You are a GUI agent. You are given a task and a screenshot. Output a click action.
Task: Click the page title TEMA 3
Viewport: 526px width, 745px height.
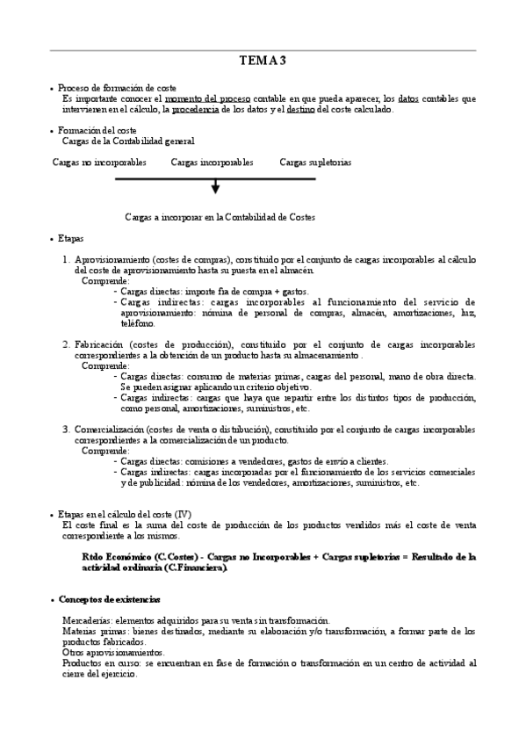[263, 61]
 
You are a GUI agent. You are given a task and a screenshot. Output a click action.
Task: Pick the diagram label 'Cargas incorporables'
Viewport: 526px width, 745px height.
[212, 163]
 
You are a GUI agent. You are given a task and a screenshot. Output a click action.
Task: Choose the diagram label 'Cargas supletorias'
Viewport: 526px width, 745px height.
[315, 163]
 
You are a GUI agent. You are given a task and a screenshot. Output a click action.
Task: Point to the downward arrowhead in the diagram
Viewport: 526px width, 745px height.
[216, 188]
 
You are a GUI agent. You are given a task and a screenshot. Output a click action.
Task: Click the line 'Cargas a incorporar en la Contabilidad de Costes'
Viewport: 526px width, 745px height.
[220, 216]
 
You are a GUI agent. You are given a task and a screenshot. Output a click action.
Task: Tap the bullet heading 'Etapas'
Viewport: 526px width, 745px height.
[71, 238]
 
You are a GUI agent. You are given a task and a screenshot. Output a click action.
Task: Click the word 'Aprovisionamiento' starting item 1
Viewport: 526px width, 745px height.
[112, 261]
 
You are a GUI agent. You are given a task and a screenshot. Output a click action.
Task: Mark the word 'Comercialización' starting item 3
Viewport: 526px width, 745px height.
[111, 430]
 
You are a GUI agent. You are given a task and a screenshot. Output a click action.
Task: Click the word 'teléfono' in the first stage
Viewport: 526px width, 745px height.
[137, 323]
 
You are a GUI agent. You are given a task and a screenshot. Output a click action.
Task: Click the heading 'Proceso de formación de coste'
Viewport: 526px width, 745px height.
[117, 88]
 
